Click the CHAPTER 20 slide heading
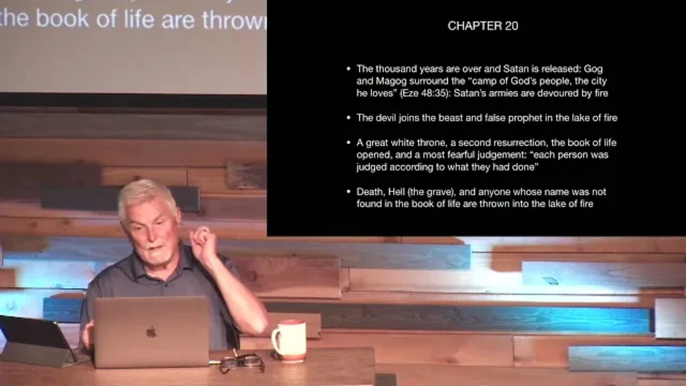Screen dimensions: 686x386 (x=483, y=26)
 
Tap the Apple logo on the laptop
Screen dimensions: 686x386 (x=151, y=332)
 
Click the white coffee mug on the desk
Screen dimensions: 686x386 (x=289, y=341)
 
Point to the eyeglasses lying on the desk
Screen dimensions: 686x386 (x=242, y=363)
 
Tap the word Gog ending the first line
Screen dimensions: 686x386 (x=593, y=69)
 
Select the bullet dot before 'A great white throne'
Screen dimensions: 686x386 (x=348, y=143)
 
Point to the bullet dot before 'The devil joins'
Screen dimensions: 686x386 (x=348, y=118)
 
